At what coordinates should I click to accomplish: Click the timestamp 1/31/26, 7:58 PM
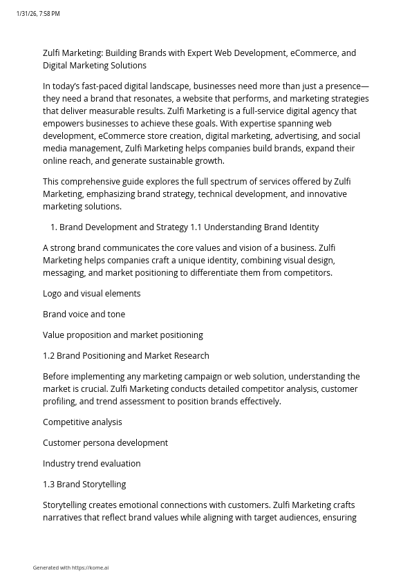tap(38, 14)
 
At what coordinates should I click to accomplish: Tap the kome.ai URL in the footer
tap(91, 568)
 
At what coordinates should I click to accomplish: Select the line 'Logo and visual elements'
tap(91, 294)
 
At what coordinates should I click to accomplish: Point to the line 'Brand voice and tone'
tap(84, 315)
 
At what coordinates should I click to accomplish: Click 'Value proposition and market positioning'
tap(122, 335)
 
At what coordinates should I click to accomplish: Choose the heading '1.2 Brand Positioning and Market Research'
tap(126, 356)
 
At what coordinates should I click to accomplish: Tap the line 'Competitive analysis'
tap(82, 422)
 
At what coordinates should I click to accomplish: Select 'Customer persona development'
tap(105, 443)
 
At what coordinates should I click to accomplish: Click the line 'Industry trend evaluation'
tap(91, 464)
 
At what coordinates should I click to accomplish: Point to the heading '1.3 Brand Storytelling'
tap(84, 485)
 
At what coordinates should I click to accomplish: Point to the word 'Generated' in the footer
tap(44, 568)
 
